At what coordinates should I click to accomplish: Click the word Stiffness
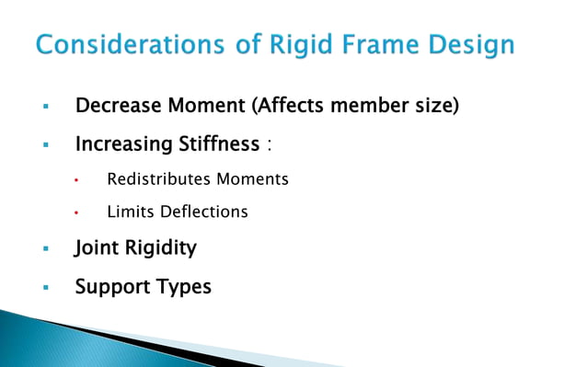220,144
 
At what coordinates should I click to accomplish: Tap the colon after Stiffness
269,146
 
